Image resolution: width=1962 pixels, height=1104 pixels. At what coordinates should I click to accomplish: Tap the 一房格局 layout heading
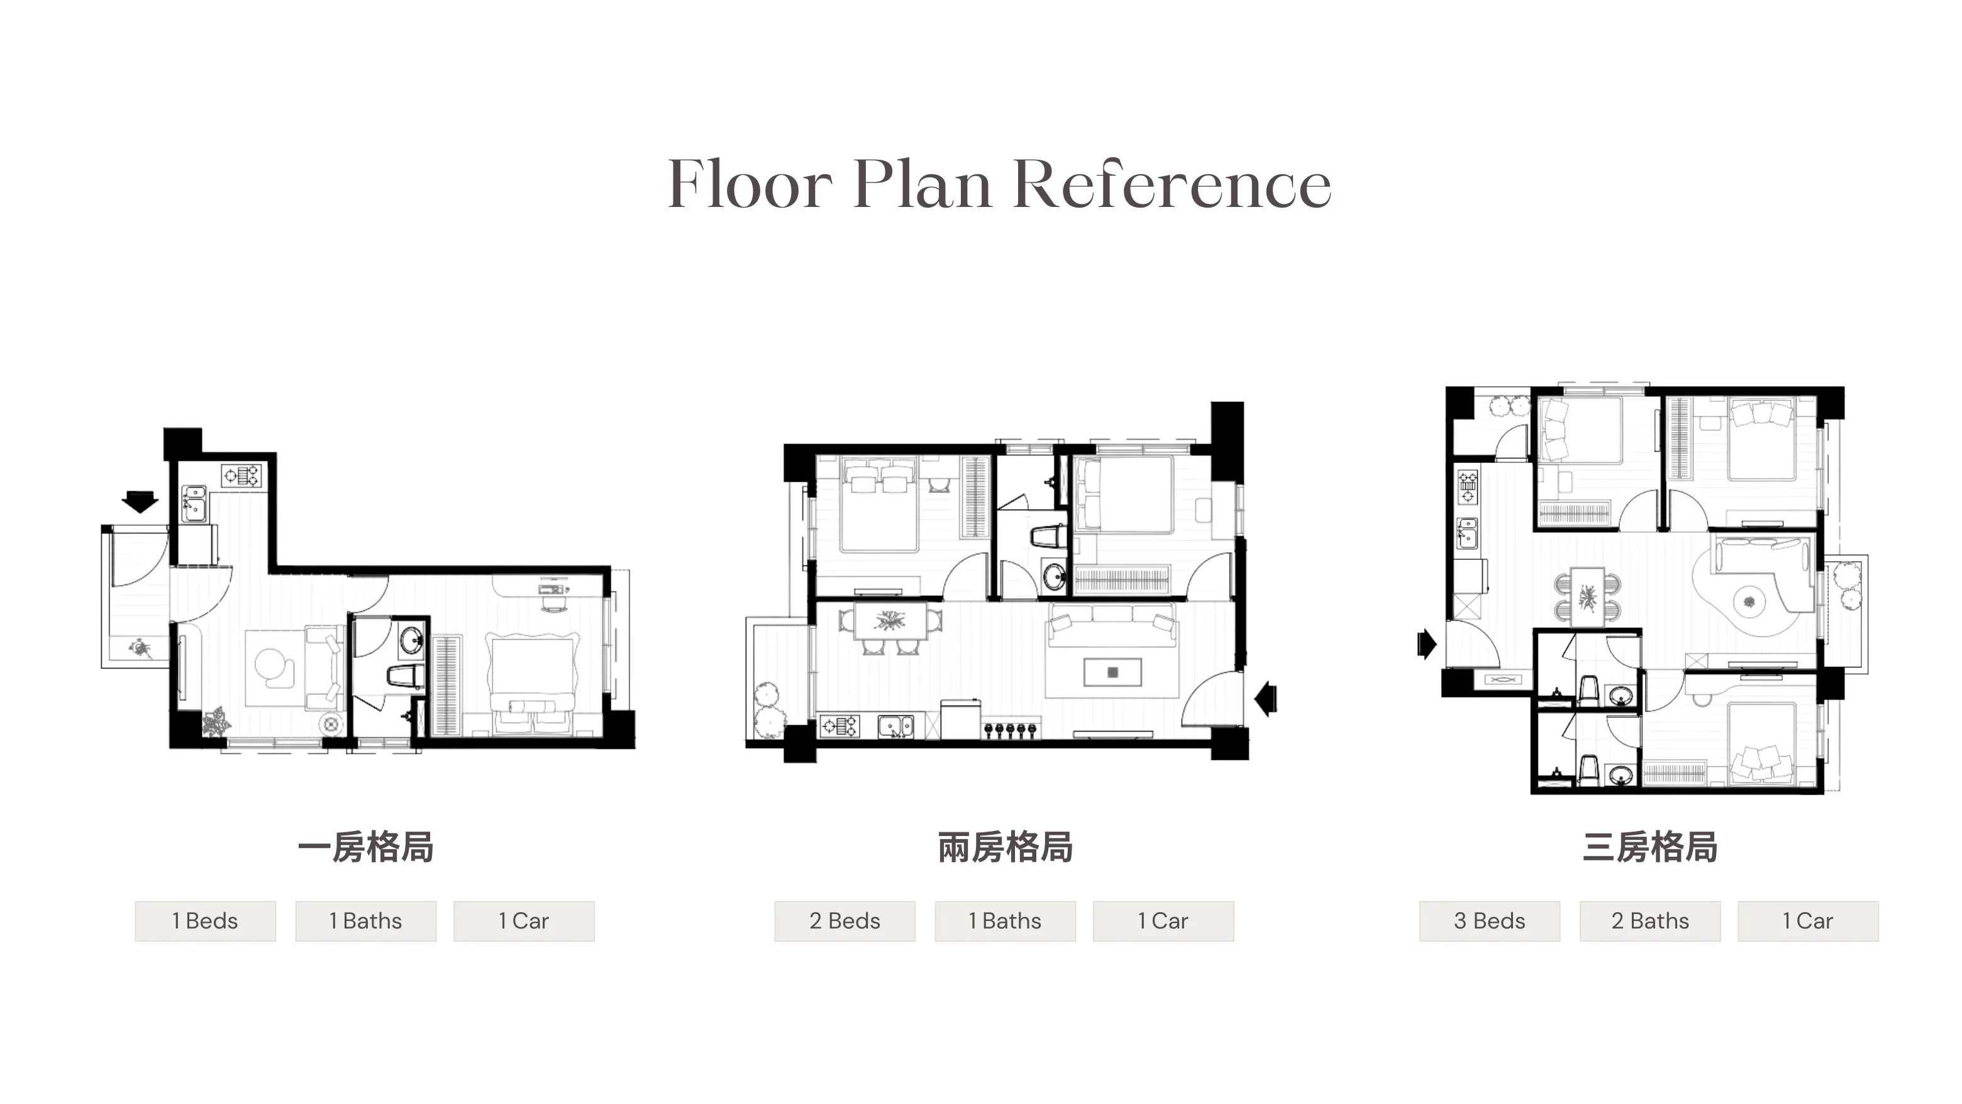click(x=365, y=847)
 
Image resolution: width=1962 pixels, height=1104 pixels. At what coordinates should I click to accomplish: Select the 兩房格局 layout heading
click(x=1005, y=847)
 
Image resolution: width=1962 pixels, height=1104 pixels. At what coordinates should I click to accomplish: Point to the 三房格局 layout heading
click(x=1649, y=847)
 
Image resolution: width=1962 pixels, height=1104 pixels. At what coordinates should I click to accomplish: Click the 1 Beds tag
click(x=206, y=921)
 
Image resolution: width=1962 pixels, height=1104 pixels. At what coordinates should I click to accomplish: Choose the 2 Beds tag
click(x=845, y=921)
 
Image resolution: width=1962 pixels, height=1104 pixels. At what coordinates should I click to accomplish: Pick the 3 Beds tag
click(x=1489, y=921)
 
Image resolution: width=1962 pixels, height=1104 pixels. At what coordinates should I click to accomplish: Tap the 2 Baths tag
click(x=1649, y=921)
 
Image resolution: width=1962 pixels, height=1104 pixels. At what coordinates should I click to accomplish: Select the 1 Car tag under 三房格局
click(x=1808, y=921)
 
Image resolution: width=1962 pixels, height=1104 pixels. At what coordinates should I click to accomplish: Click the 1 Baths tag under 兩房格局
click(x=1006, y=921)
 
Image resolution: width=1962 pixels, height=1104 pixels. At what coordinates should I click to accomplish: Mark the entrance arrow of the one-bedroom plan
click(x=140, y=502)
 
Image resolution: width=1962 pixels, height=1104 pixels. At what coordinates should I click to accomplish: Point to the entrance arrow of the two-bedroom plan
click(x=1266, y=697)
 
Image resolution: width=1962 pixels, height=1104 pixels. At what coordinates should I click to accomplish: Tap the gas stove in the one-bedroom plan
click(x=241, y=476)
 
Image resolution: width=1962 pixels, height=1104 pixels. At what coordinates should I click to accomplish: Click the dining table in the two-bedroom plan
click(x=890, y=620)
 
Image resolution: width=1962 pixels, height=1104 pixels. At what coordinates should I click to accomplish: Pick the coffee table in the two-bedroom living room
click(x=1113, y=672)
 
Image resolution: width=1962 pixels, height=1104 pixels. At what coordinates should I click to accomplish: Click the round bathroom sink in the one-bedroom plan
click(x=412, y=639)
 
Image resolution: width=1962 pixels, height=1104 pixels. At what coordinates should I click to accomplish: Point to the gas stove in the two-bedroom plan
click(x=840, y=726)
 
